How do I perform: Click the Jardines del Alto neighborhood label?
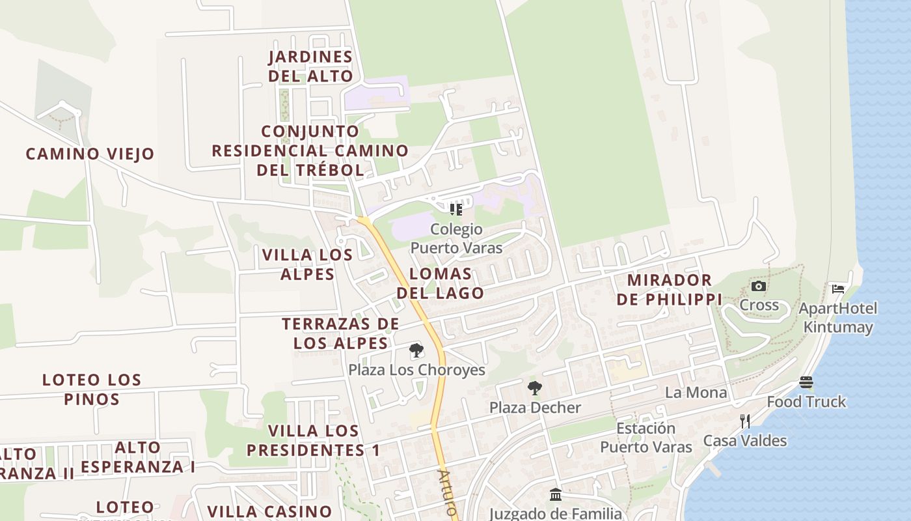tap(310, 66)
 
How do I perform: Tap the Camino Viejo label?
tap(90, 154)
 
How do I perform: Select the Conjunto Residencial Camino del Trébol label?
tap(310, 151)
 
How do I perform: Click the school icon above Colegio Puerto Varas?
tap(456, 210)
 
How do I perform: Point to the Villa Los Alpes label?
tap(307, 264)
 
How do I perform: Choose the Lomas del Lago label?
tap(441, 283)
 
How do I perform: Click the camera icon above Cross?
tap(758, 287)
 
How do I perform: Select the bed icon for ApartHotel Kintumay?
tap(838, 289)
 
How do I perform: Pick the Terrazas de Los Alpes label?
tap(340, 333)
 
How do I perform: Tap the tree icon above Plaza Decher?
tap(534, 389)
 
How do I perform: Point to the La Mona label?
tap(696, 393)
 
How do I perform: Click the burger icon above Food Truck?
tap(806, 383)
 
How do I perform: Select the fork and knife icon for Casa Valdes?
tap(745, 421)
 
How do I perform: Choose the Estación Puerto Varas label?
tap(646, 438)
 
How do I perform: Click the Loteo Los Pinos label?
tap(91, 389)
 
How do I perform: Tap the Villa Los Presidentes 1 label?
tap(313, 440)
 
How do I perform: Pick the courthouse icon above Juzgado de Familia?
tap(556, 496)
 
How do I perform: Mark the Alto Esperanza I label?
tap(138, 457)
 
